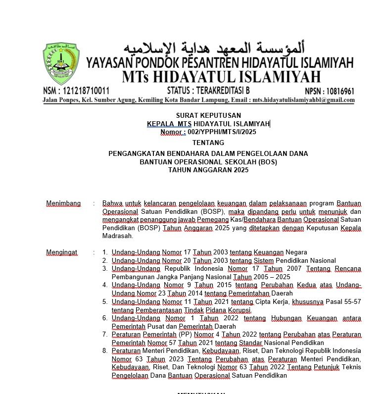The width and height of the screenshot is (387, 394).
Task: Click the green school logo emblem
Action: point(62,64)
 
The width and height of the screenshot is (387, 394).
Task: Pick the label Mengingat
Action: point(62,252)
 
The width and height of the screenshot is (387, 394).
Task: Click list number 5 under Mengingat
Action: point(105,301)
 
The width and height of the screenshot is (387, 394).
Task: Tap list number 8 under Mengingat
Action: point(105,351)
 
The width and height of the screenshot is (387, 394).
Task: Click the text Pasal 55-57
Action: point(342,301)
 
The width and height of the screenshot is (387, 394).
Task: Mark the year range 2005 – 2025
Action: point(269,277)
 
